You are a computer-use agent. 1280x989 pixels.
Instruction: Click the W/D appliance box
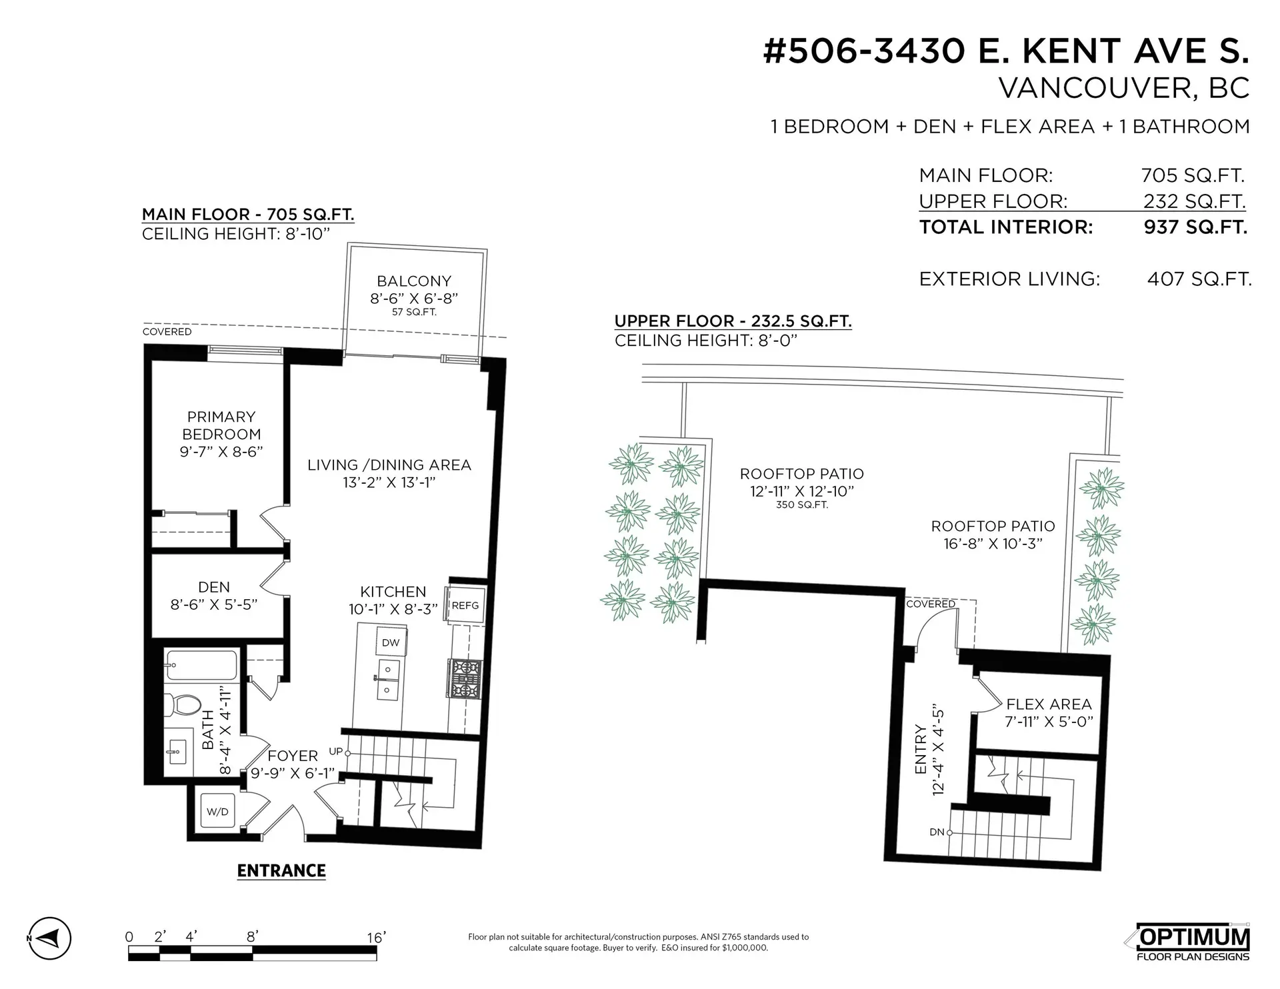click(x=217, y=811)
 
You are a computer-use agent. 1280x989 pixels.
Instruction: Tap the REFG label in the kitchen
click(x=465, y=606)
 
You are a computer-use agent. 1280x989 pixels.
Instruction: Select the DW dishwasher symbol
click(x=391, y=642)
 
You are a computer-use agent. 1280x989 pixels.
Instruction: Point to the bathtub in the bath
click(x=201, y=664)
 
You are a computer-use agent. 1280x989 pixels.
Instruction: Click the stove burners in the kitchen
click(x=466, y=678)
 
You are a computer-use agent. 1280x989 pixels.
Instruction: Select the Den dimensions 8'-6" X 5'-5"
click(x=214, y=604)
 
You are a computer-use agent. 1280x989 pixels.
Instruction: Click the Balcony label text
click(x=414, y=281)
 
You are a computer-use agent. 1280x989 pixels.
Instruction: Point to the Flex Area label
click(x=1049, y=704)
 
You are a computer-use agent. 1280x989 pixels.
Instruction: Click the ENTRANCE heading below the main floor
click(x=281, y=870)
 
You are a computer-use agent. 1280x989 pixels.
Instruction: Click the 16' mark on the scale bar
click(x=376, y=938)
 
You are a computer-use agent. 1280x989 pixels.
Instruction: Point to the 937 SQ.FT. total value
click(x=1195, y=227)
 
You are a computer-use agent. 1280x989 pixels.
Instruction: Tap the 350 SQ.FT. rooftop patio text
click(x=802, y=505)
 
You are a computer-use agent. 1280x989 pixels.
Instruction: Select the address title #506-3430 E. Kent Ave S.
click(x=1005, y=51)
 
